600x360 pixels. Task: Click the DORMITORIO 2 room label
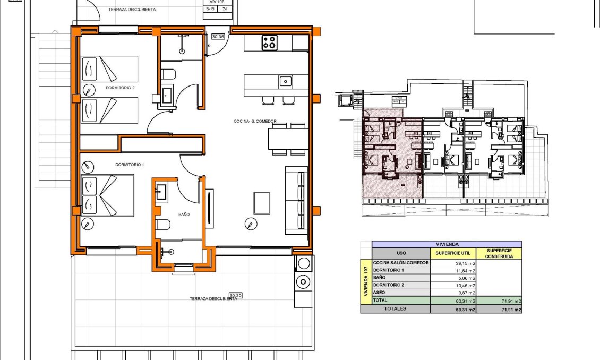pos(120,88)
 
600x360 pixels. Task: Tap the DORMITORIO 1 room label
pos(130,165)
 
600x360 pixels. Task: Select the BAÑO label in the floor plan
pos(184,215)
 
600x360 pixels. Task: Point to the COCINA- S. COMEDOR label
pos(255,121)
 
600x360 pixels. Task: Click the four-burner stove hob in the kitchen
pos(269,42)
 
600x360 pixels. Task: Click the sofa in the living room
pos(296,200)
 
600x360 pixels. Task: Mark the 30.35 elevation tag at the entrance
pos(218,37)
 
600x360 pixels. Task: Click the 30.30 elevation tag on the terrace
pos(235,295)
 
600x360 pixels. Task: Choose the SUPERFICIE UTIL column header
pos(452,253)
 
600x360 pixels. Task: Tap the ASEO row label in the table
pos(380,293)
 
